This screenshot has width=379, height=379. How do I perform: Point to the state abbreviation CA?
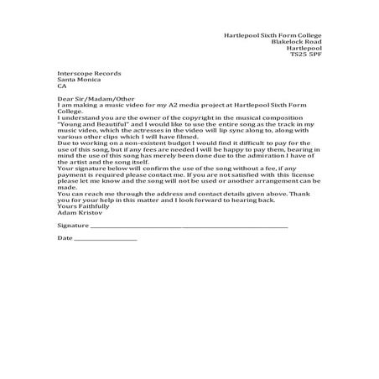click(x=61, y=86)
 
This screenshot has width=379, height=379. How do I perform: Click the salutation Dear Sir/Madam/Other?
click(x=91, y=97)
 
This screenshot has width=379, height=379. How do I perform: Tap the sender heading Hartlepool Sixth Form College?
click(x=273, y=36)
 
